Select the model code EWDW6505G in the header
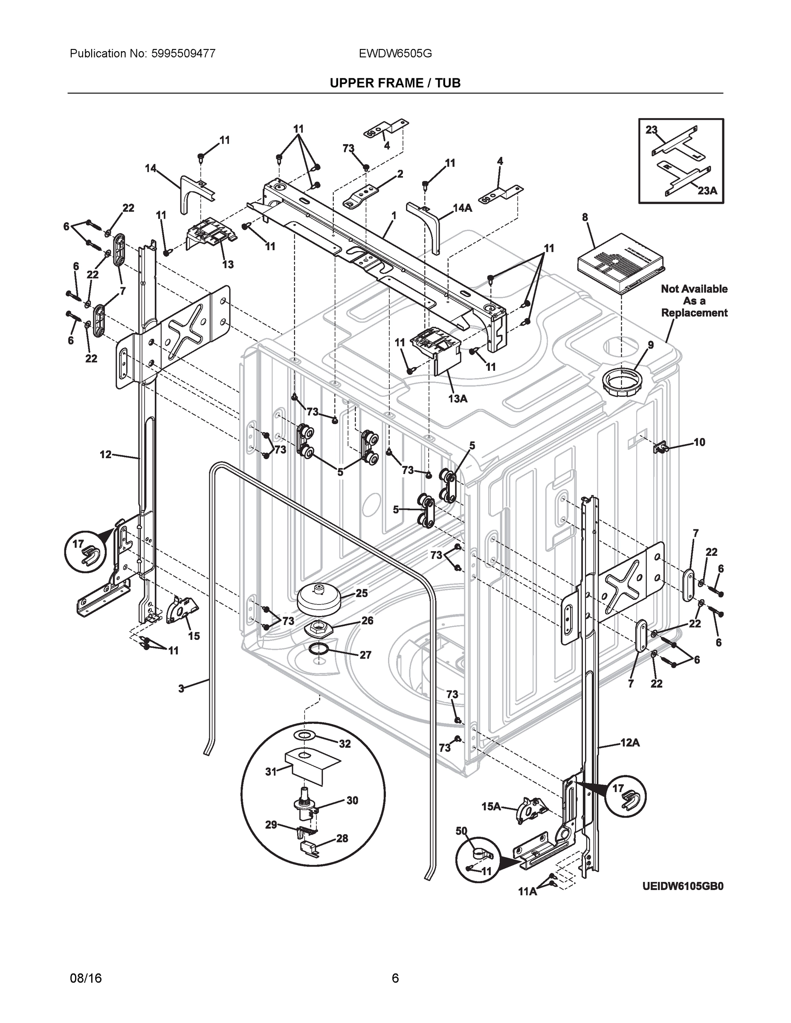[395, 53]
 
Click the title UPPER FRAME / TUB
[395, 83]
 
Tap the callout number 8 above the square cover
[585, 217]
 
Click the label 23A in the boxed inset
[707, 191]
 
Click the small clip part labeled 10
[660, 448]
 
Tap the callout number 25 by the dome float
[361, 593]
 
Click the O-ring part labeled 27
[319, 650]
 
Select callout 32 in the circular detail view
[345, 744]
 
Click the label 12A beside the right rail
[630, 743]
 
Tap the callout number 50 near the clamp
[461, 830]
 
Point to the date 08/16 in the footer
[86, 978]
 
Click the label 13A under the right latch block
[458, 398]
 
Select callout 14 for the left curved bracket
[151, 168]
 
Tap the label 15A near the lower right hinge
[491, 806]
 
